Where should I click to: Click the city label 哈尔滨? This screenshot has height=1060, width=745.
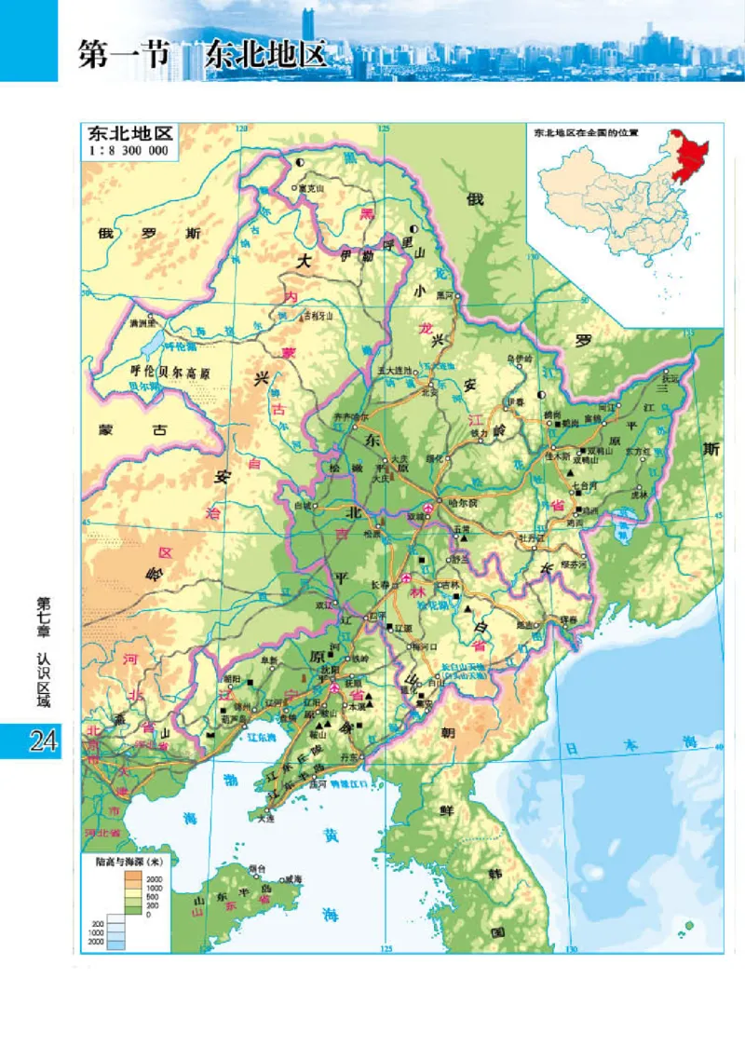461,502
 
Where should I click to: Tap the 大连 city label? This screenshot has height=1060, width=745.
269,819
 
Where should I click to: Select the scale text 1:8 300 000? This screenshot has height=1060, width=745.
129,151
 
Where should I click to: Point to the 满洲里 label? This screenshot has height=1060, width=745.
145,324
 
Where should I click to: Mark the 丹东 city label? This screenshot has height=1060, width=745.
351,755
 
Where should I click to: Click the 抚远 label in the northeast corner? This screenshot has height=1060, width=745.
670,379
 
